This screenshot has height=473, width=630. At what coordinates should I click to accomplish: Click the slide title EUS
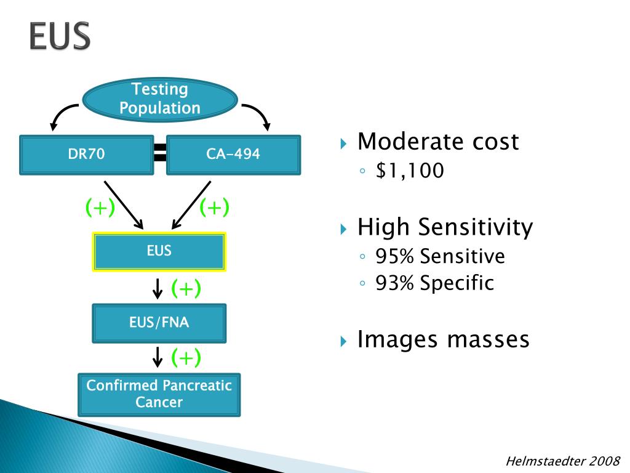click(59, 37)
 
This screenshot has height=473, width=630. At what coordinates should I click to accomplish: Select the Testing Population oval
click(160, 99)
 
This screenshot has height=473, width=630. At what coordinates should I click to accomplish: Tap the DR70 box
click(86, 155)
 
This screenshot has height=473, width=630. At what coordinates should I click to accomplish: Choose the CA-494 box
click(233, 155)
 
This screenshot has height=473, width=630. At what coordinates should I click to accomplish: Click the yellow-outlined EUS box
click(159, 251)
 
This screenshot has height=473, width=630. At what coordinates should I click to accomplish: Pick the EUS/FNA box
click(159, 323)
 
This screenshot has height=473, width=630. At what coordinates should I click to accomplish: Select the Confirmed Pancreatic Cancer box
click(159, 394)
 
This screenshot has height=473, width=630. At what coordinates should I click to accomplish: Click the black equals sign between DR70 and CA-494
click(160, 153)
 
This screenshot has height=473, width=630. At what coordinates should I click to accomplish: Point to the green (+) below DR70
click(100, 208)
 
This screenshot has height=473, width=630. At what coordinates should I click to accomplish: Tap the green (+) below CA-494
click(214, 208)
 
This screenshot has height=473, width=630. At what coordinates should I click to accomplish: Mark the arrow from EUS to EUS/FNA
click(158, 288)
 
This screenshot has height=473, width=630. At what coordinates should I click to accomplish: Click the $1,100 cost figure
click(410, 171)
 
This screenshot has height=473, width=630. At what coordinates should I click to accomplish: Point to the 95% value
click(396, 256)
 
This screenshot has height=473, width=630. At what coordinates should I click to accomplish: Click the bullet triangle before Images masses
click(344, 341)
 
